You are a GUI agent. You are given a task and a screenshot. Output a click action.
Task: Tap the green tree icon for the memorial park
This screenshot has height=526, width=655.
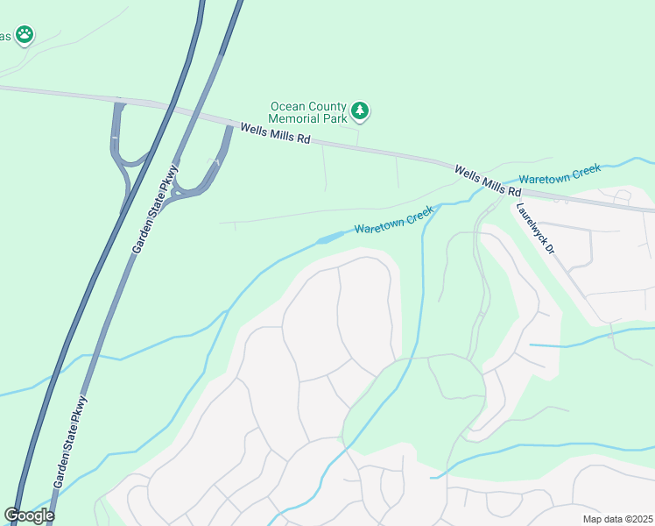click(x=360, y=111)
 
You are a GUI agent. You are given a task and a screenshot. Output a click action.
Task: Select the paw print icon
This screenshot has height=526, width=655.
click(x=25, y=35)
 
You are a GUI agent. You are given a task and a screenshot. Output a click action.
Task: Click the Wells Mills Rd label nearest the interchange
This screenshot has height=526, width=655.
click(x=276, y=133)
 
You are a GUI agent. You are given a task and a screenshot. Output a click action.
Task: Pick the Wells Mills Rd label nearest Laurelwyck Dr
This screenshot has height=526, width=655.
click(x=488, y=180)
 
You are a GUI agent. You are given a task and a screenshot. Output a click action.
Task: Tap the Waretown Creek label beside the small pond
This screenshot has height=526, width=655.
click(x=394, y=220)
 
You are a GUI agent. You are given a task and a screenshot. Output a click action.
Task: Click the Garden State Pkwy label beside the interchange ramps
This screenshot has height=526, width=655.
click(x=155, y=210)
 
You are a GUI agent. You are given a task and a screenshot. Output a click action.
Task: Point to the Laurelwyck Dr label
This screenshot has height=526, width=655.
click(x=536, y=229)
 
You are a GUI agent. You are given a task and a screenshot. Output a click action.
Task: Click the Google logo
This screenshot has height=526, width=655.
click(x=29, y=515)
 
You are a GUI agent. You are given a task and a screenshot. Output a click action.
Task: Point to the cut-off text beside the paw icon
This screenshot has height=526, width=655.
click(x=5, y=36)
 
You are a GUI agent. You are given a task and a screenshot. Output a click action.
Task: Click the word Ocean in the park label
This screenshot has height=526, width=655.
click(x=289, y=106)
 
